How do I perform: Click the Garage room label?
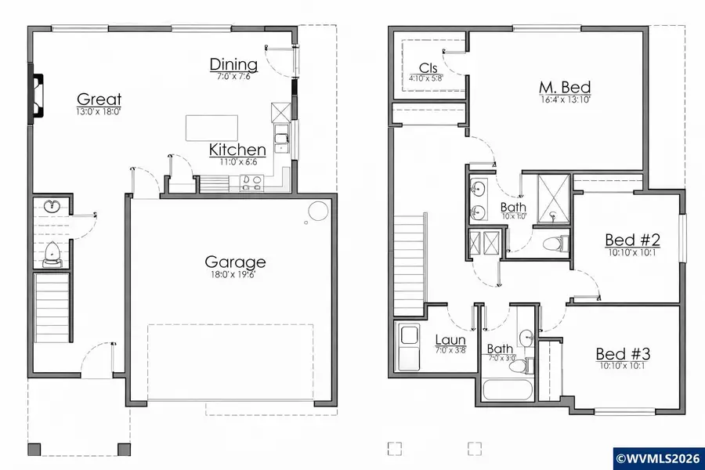pyautogui.click(x=235, y=262)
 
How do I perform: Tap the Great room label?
pyautogui.click(x=99, y=99)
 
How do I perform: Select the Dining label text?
pyautogui.click(x=233, y=64)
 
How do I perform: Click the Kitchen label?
pyautogui.click(x=237, y=150)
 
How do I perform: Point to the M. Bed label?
pyautogui.click(x=564, y=88)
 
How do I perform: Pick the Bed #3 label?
pyautogui.click(x=623, y=354)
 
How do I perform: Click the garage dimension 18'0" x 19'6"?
pyautogui.click(x=235, y=276)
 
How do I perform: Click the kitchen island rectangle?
pyautogui.click(x=211, y=128)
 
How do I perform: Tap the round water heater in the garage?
pyautogui.click(x=318, y=211)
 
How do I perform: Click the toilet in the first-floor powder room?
pyautogui.click(x=52, y=252)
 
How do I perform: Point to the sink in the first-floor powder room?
pyautogui.click(x=52, y=207)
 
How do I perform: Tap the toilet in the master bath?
pyautogui.click(x=554, y=244)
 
